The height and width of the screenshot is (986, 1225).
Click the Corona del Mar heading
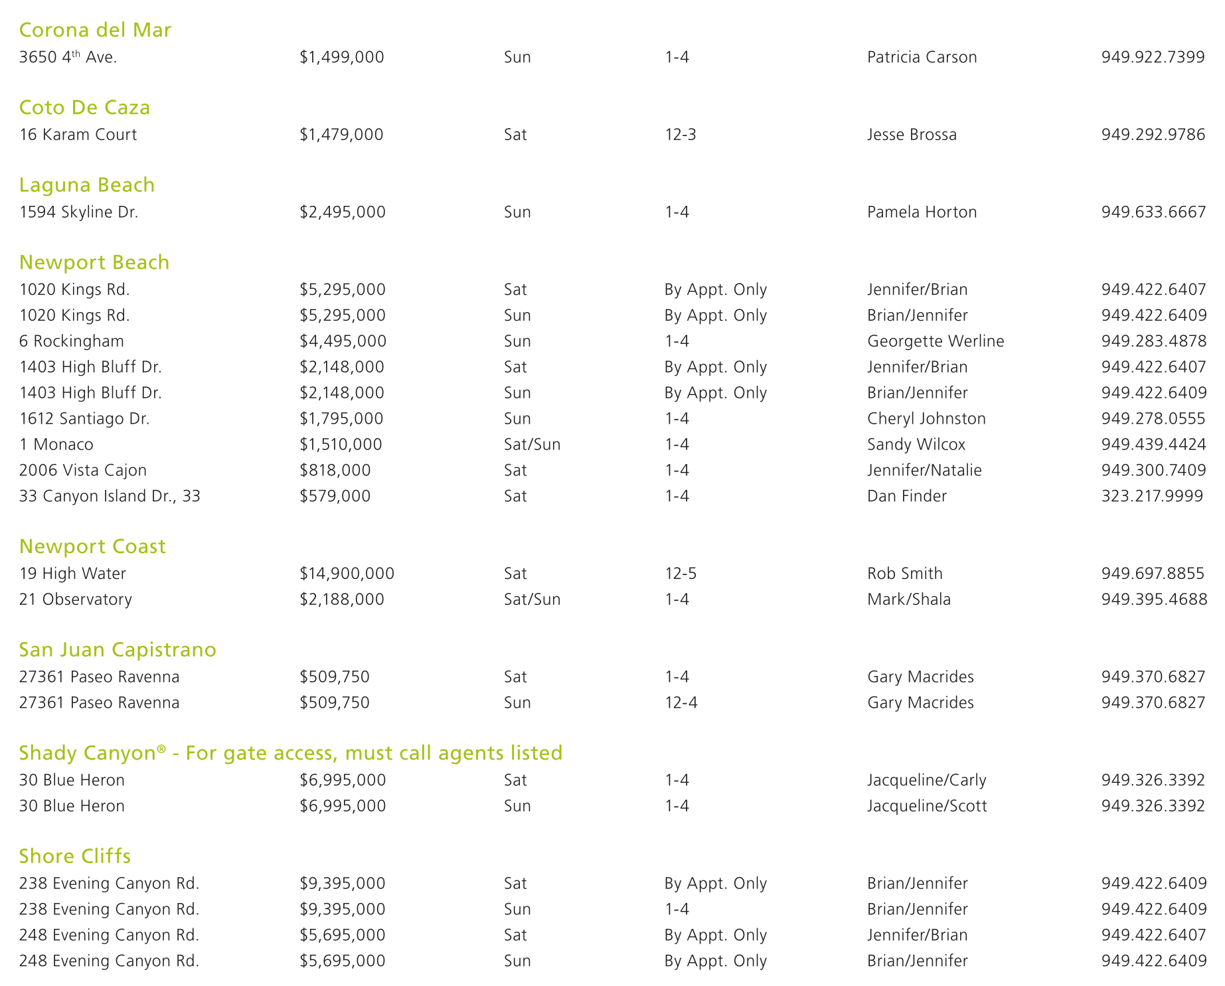[x=95, y=30]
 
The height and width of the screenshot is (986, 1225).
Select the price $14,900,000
[x=347, y=574]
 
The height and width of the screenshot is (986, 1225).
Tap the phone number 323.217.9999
[x=1152, y=496]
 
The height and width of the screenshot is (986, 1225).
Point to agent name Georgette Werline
[x=935, y=341]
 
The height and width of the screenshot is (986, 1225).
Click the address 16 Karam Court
[x=78, y=135]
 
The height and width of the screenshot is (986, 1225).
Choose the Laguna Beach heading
[x=86, y=185]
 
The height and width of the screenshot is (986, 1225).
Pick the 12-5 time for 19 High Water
[x=681, y=574]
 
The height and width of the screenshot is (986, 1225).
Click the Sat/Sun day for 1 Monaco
[x=532, y=444]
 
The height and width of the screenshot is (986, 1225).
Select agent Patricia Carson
[x=922, y=57]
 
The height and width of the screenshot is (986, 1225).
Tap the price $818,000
[x=335, y=470]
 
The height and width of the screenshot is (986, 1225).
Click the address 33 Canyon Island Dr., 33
[x=110, y=496]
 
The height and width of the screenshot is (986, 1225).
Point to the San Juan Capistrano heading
[x=118, y=649]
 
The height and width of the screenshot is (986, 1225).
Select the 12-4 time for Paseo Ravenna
[x=681, y=702]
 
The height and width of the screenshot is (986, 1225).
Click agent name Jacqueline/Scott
[x=927, y=806]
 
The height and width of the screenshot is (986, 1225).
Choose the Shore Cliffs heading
[x=75, y=856]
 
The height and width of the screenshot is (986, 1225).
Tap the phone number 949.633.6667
[x=1153, y=212]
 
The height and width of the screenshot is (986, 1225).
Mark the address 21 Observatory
[x=75, y=600]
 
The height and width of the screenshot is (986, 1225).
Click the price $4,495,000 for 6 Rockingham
[x=343, y=341]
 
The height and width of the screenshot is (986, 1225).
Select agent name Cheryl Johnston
[x=926, y=418]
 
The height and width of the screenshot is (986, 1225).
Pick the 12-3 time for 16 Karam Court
[x=680, y=135]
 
